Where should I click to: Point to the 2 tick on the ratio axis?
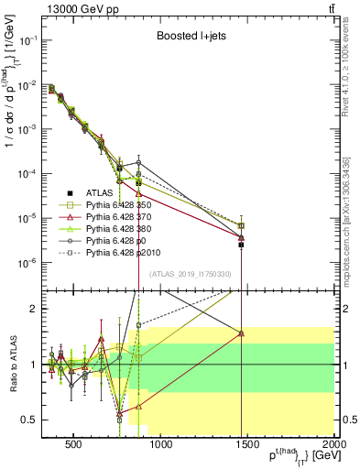point(36,309)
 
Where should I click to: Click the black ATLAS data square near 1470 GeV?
point(242,245)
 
